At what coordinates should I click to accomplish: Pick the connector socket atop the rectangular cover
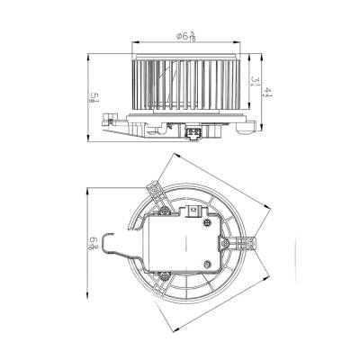click(195, 209)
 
